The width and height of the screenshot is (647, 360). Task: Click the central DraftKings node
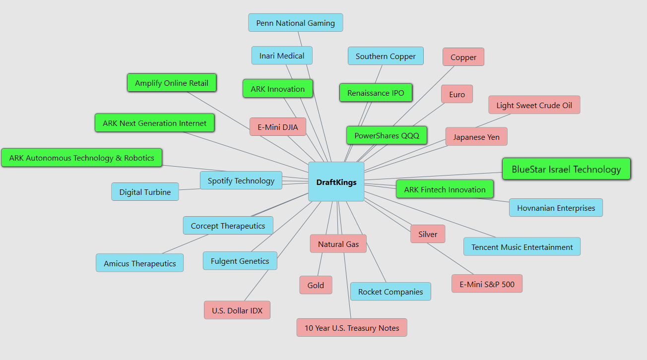[336, 182]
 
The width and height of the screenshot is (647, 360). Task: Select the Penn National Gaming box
[295, 23]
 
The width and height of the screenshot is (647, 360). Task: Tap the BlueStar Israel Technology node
[566, 169]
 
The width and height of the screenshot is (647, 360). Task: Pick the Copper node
[463, 57]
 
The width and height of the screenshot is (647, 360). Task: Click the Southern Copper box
[386, 56]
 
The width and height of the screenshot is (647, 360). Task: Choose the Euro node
[457, 94]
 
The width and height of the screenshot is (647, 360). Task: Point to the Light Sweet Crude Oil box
[534, 105]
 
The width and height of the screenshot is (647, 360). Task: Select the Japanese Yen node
[476, 137]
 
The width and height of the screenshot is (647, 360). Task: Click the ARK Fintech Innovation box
[445, 189]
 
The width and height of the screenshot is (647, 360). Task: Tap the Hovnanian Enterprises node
[556, 208]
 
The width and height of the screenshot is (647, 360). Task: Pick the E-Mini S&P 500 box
[487, 284]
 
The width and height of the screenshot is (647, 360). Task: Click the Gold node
[316, 285]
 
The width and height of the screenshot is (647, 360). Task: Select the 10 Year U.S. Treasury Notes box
[351, 328]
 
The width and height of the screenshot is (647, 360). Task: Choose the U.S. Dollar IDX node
[237, 310]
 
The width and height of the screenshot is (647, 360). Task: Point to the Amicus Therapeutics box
[139, 263]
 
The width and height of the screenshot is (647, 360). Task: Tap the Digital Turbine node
[145, 192]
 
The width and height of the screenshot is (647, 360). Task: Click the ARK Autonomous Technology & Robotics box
[81, 158]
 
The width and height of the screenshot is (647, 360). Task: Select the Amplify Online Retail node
[172, 83]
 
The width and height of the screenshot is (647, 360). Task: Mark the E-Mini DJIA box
[278, 127]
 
